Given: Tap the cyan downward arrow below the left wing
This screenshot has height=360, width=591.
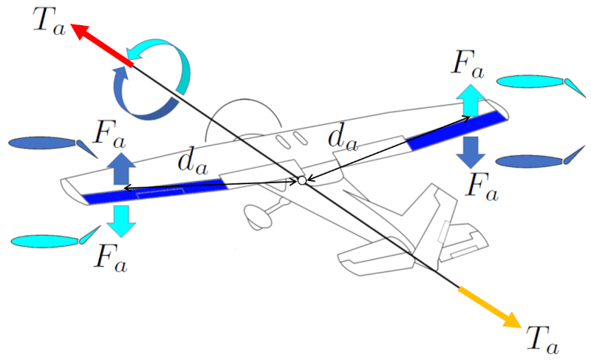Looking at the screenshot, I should click(122, 220).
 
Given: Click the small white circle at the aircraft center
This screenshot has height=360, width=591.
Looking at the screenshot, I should click(301, 181).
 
